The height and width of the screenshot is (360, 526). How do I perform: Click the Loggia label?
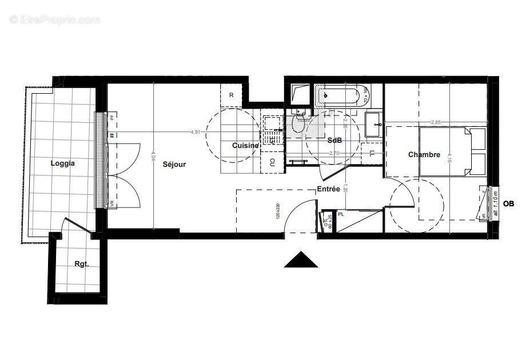tap(62, 163)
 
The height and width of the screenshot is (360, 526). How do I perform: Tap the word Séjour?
tap(174, 164)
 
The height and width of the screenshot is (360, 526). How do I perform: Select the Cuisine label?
tap(245, 146)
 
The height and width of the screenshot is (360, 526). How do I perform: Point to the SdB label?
tap(334, 141)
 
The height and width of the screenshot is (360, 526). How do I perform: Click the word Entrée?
tap(329, 189)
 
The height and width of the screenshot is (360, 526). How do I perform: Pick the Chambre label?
tap(424, 155)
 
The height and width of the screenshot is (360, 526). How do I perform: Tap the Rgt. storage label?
tap(81, 264)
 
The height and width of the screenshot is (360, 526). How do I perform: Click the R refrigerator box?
tap(232, 95)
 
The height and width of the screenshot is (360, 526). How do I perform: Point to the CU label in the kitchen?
tap(272, 162)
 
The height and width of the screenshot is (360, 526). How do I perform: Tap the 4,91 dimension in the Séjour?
tap(196, 132)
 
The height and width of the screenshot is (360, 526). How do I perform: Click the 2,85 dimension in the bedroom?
tap(436, 122)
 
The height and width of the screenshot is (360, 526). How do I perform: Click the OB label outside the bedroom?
tap(508, 203)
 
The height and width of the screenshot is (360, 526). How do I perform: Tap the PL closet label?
tap(341, 214)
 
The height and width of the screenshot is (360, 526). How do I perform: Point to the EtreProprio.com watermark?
tap(55, 19)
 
